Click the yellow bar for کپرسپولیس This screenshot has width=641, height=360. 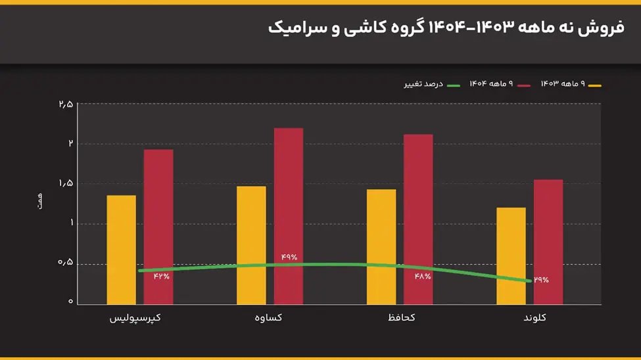(x=121, y=250)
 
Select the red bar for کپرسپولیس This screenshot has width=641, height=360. (x=158, y=227)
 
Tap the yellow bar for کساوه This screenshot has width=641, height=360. (x=251, y=245)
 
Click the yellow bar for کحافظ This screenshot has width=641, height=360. (x=381, y=246)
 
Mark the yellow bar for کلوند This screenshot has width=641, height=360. (x=511, y=256)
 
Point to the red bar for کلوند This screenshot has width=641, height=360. (x=548, y=242)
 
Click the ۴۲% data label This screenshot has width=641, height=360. (x=162, y=277)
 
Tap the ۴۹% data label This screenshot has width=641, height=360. (x=289, y=257)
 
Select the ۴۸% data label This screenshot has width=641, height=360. (x=423, y=277)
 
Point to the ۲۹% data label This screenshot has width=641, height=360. (x=540, y=280)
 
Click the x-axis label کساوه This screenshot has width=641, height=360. (x=269, y=318)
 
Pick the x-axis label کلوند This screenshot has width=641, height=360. (x=534, y=318)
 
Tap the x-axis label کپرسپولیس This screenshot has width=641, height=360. (x=135, y=318)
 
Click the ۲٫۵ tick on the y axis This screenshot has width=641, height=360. (x=66, y=104)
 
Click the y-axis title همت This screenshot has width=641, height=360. (x=40, y=202)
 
